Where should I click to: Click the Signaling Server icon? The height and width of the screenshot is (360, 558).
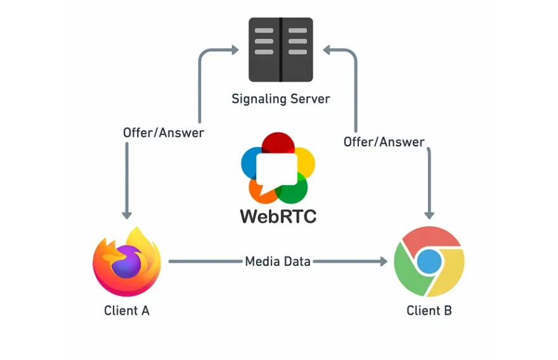click(280, 50)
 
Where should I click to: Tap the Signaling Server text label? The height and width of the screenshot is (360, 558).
click(280, 99)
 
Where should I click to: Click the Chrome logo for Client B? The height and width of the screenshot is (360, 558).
click(429, 261)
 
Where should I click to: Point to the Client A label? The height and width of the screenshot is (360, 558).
click(127, 311)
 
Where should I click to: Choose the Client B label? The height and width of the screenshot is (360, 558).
click(429, 311)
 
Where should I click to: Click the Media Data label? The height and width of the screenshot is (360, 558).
click(278, 260)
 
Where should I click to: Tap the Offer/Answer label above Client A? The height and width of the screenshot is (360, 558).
click(164, 132)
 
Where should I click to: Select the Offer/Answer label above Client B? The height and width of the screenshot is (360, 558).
click(384, 141)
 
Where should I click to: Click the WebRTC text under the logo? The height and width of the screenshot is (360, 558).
click(278, 216)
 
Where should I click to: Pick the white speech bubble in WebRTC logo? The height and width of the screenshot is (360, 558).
click(277, 169)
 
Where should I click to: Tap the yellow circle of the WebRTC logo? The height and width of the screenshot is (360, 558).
click(303, 160)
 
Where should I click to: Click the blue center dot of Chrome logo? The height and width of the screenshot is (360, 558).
click(429, 261)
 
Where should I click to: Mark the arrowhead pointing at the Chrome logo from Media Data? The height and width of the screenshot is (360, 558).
click(382, 260)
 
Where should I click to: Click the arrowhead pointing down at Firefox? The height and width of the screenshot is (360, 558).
click(127, 214)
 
